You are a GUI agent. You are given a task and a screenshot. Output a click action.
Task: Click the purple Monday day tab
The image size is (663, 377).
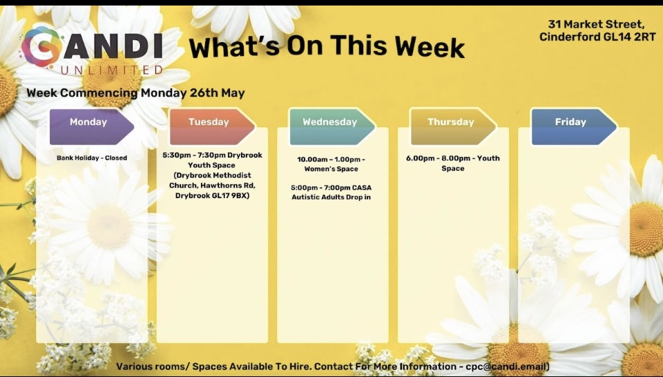[91, 127]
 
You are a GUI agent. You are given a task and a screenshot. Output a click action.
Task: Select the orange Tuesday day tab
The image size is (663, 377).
[212, 127]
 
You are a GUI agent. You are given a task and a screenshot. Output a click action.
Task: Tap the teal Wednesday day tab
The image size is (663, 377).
[332, 127]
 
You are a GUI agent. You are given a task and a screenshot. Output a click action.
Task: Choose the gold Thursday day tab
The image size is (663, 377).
[453, 127]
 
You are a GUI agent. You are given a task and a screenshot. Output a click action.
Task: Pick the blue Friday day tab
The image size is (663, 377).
[574, 127]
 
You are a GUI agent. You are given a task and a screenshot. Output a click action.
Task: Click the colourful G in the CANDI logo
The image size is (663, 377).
[39, 46]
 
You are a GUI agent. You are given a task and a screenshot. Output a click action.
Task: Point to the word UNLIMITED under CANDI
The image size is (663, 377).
[112, 69]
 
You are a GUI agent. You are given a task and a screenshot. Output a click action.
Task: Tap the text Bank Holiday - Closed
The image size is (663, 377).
[92, 158]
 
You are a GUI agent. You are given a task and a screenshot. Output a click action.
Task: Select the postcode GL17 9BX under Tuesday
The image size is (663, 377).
[231, 195]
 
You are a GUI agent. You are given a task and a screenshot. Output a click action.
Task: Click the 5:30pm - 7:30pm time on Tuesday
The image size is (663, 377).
[195, 155]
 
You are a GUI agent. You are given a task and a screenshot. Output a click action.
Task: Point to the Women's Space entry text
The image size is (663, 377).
[331, 169]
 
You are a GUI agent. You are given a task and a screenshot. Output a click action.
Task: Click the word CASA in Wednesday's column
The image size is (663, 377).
[361, 188]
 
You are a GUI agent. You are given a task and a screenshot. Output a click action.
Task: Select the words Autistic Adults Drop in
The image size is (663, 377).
[331, 197]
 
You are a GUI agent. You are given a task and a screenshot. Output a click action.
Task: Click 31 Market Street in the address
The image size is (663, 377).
[596, 24]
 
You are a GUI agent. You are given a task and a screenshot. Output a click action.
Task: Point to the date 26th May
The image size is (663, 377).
[217, 93]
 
